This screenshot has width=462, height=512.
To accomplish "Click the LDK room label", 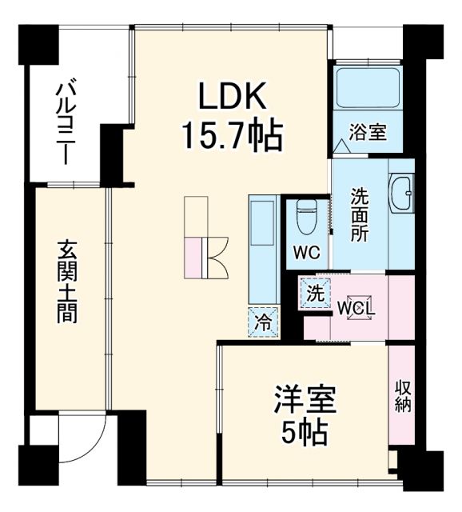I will click(x=232, y=96).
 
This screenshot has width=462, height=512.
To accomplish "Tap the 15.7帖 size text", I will click(x=232, y=136).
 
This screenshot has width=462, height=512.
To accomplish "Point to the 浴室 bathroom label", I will click(x=368, y=132).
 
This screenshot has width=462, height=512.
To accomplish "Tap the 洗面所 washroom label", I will click(x=359, y=214).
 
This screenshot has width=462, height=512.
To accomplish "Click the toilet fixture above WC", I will click(x=307, y=216).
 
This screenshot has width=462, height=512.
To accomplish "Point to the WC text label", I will click(x=306, y=254).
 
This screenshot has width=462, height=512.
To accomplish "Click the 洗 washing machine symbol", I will click(x=317, y=294).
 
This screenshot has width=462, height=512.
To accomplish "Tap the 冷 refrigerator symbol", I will click(x=263, y=322).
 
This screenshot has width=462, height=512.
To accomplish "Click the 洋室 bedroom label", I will click(x=305, y=398).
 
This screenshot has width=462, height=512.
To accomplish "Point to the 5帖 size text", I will click(x=305, y=433).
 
